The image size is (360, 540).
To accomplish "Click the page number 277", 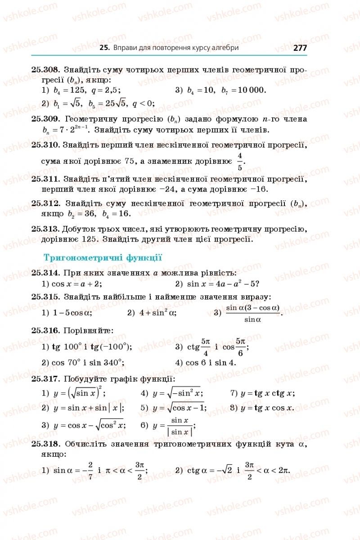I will pos(299,48).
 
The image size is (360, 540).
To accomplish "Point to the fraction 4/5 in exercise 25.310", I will pos(240,161).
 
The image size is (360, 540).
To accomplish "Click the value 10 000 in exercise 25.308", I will pos(252,90).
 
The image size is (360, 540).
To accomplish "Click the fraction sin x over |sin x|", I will pos(180,426).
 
